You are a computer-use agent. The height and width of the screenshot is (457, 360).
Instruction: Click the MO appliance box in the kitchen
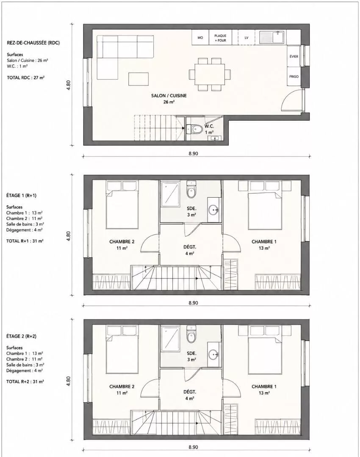click(x=200, y=37)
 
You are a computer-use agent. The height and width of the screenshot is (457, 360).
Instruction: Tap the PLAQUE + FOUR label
click(x=220, y=38)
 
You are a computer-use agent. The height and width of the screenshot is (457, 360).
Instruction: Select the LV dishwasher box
click(x=246, y=37)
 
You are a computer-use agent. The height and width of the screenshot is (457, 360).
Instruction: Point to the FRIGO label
click(x=294, y=77)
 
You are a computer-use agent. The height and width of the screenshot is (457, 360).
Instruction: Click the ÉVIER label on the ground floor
click(x=294, y=57)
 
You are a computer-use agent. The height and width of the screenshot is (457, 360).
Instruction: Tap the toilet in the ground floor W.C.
click(x=194, y=129)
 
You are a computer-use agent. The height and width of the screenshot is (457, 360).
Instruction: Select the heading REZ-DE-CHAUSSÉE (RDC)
click(x=33, y=43)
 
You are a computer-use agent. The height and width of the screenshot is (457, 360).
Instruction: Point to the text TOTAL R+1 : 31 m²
click(x=25, y=241)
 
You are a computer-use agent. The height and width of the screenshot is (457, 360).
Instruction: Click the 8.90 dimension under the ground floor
click(x=193, y=153)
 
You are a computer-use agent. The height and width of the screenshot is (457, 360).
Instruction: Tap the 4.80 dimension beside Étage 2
click(x=68, y=381)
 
